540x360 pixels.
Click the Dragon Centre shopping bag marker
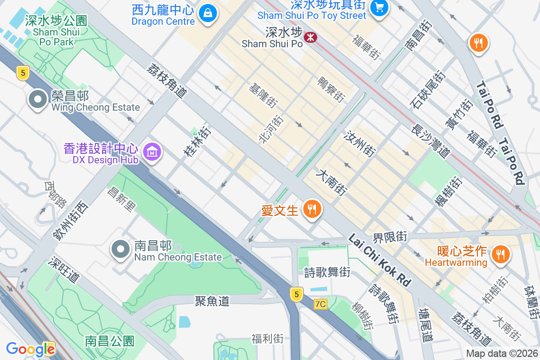pyautogui.click(x=207, y=12)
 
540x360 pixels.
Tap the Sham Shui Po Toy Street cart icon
pyautogui.click(x=379, y=8)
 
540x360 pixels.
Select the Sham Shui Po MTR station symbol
pyautogui.click(x=310, y=37)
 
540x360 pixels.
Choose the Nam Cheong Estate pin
pyautogui.click(x=121, y=249)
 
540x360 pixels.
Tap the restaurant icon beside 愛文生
pyautogui.click(x=311, y=209)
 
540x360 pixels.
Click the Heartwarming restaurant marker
pyautogui.click(x=499, y=254)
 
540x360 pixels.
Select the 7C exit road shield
pyautogui.click(x=320, y=304)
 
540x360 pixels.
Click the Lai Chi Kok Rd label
pyautogui.click(x=379, y=260)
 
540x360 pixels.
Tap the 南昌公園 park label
pyautogui.click(x=110, y=341)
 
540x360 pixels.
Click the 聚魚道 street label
pyautogui.click(x=212, y=301)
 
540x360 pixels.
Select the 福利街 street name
pyautogui.click(x=268, y=338)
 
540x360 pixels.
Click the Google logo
pyautogui.click(x=30, y=349)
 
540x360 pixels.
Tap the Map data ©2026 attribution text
pyautogui.click(x=501, y=354)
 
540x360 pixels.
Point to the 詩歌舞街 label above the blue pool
pyautogui.click(x=327, y=272)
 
